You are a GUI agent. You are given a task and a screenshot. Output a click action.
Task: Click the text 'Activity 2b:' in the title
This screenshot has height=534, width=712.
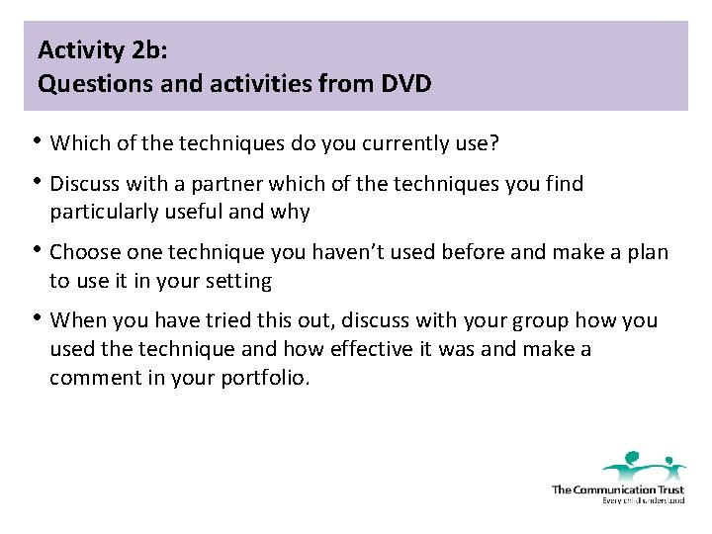[94, 48]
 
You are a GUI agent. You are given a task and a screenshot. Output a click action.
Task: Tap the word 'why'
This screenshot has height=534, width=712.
[292, 213]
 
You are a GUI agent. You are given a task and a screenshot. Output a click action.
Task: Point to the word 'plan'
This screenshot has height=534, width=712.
[647, 252]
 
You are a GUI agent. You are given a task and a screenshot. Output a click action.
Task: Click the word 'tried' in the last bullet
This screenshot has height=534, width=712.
[220, 320]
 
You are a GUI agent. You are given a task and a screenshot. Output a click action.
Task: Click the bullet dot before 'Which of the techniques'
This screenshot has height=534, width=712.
[38, 142]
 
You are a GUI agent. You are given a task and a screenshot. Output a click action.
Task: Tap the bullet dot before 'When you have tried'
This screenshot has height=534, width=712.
[38, 318]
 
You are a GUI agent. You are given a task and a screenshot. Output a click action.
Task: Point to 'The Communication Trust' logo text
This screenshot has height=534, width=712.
[617, 489]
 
